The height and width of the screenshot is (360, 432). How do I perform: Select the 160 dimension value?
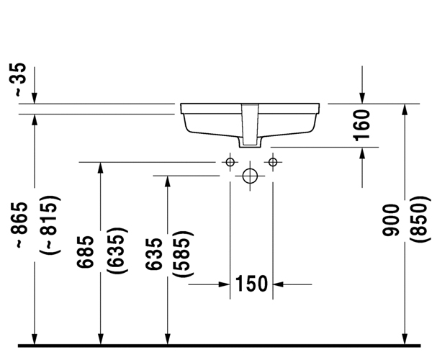coord(362,124)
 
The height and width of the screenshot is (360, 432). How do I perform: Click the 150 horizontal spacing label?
coord(251,284)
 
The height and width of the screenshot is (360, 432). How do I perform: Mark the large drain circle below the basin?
coord(250,174)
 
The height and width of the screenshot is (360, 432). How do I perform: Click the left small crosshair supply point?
coord(230,162)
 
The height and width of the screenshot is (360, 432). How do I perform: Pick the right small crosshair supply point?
coord(272,162)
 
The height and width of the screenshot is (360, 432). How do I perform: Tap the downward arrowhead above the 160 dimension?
coord(362,98)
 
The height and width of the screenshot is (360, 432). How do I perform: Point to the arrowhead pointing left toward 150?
coord(279,284)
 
